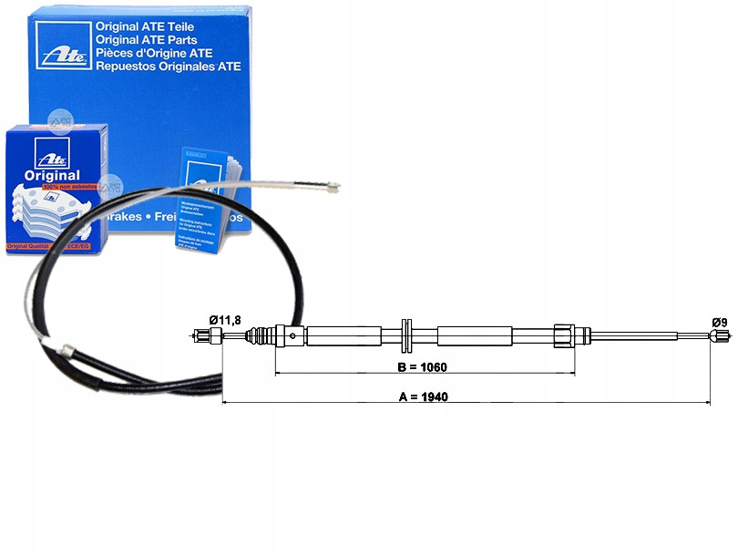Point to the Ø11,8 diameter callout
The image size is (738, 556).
[x=225, y=320]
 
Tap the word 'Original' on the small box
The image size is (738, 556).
[x=53, y=176]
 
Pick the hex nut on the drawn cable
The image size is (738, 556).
[x=562, y=335]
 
